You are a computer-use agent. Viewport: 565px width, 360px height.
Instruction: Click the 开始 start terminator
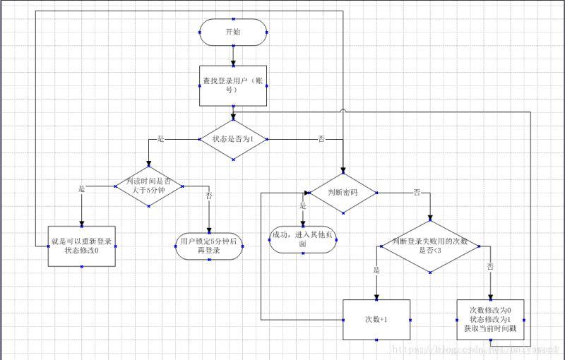click(x=233, y=32)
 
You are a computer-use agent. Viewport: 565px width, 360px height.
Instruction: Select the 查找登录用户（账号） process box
click(x=233, y=85)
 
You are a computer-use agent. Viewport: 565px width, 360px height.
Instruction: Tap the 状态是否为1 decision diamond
click(x=233, y=139)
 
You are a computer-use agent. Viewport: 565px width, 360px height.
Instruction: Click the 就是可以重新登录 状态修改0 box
click(x=81, y=246)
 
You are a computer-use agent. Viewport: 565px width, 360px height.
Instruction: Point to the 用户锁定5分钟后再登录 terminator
click(x=208, y=246)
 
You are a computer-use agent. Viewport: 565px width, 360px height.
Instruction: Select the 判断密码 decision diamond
click(x=343, y=192)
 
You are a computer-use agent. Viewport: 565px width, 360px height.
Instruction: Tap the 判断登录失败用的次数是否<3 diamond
click(x=431, y=246)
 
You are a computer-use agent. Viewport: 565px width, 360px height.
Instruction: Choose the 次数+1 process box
click(x=376, y=320)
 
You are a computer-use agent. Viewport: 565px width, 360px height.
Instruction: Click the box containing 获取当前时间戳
click(x=491, y=320)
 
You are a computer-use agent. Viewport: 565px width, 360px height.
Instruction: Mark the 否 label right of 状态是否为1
click(x=321, y=139)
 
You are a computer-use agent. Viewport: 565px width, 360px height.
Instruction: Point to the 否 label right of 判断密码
click(x=417, y=192)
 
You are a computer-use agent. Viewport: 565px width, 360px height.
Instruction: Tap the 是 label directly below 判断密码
click(x=303, y=206)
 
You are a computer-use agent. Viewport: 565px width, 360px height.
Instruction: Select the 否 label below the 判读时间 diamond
click(x=208, y=196)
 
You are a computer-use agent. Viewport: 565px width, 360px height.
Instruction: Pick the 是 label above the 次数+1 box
click(x=376, y=270)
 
